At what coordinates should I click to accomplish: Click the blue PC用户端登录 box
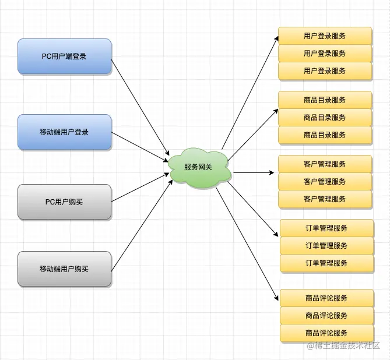coord(64,57)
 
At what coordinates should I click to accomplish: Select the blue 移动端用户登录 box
coord(64,132)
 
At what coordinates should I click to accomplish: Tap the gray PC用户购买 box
coord(64,202)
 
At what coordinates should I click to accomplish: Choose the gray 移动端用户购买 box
coord(64,269)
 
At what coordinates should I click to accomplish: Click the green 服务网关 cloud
coord(199,167)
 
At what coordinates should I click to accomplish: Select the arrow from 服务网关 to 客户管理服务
coord(252,173)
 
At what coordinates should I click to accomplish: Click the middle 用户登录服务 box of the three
coord(325,54)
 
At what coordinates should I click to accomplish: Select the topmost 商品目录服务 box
coord(325,100)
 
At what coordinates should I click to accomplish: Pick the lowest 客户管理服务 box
coord(325,199)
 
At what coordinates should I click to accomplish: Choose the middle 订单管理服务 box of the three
coord(326,246)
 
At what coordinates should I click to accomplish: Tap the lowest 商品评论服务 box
coord(326,333)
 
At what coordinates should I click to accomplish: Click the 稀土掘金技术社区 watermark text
coord(344,345)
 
